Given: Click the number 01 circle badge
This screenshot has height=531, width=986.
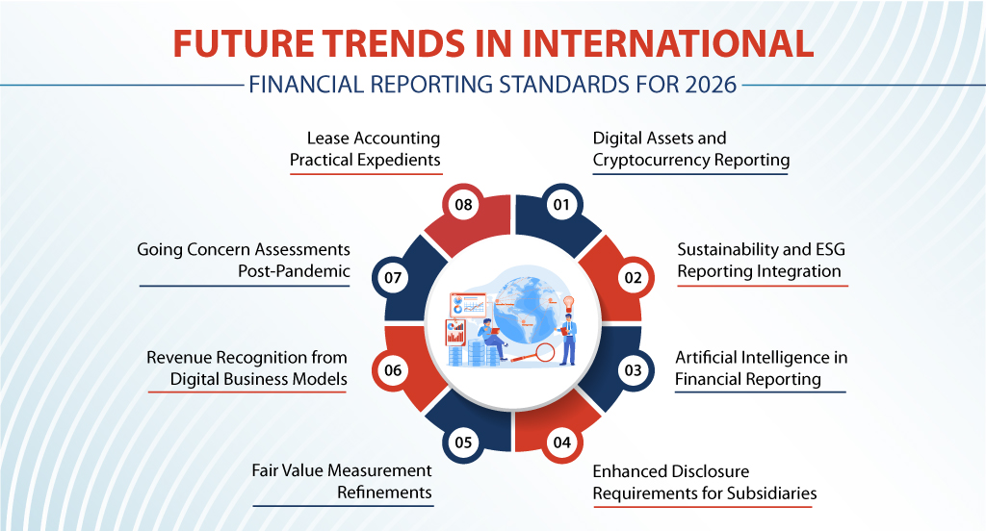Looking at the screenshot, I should (x=559, y=204).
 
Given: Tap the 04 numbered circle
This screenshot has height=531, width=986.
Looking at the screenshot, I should (x=561, y=442).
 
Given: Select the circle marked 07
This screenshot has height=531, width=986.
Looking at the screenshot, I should (x=392, y=278).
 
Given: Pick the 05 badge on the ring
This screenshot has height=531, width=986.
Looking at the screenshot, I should (x=463, y=442).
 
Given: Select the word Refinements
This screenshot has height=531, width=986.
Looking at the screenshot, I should (x=384, y=493).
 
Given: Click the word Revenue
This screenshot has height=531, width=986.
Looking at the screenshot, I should (x=180, y=357).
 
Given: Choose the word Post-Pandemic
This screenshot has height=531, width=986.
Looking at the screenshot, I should (x=293, y=271).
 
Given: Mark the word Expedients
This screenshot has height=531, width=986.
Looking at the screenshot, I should (x=392, y=160).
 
